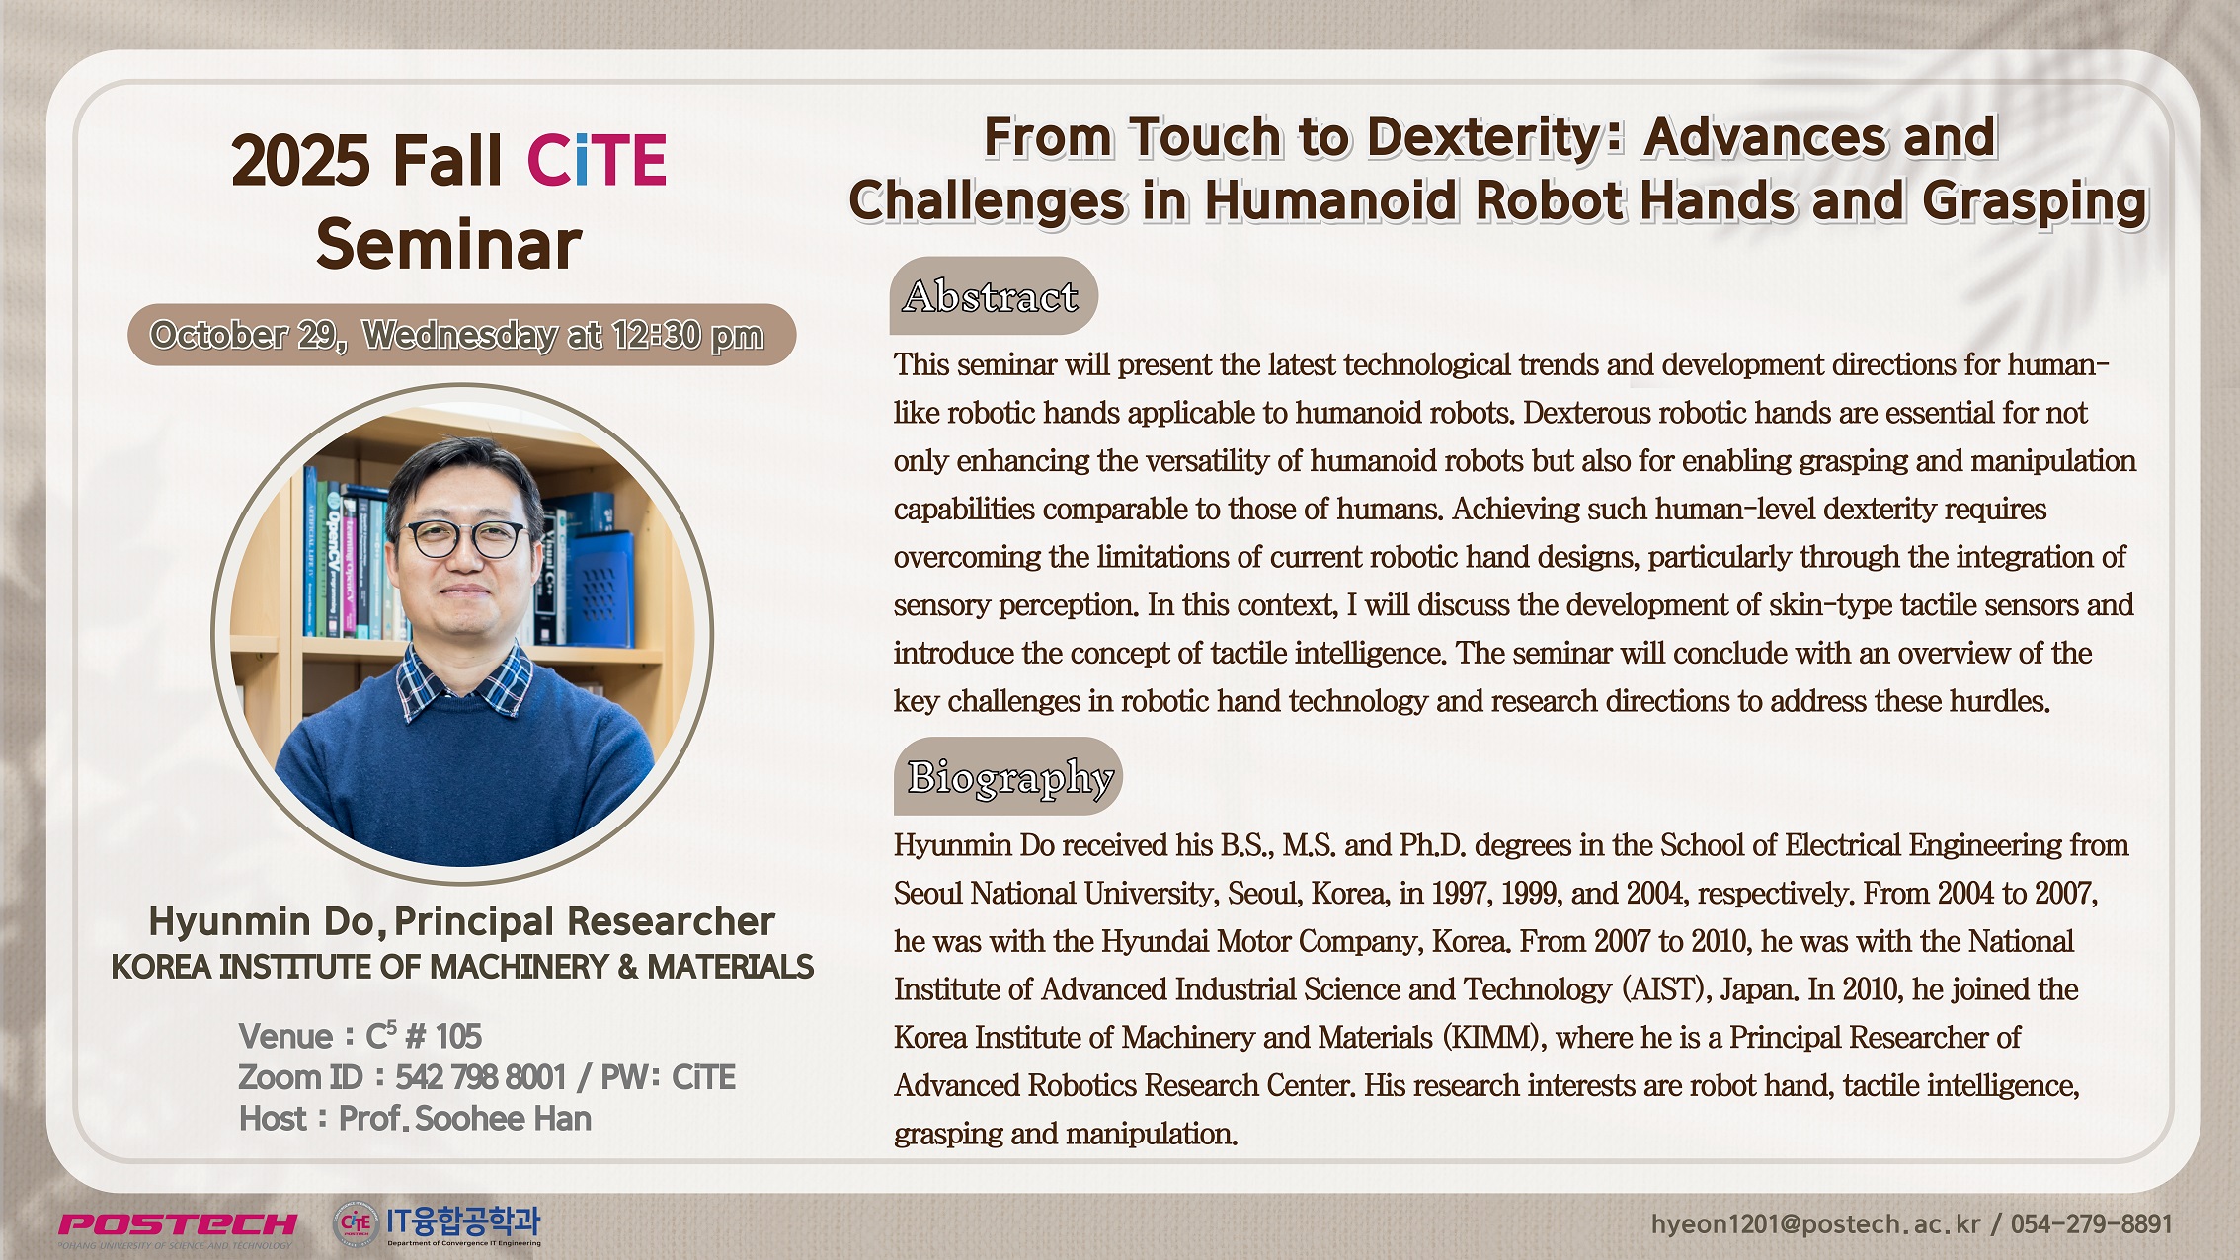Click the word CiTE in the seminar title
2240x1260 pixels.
[597, 160]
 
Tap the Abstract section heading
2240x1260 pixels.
[991, 296]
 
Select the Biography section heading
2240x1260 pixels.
[1010, 777]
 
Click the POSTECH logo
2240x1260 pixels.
[178, 1225]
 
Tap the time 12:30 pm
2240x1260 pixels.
[687, 336]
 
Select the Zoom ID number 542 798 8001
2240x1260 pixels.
[481, 1077]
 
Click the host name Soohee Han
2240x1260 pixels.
[503, 1119]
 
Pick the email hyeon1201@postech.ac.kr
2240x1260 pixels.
[1815, 1224]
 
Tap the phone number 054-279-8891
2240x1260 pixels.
[2092, 1224]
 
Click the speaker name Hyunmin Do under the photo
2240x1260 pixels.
[261, 921]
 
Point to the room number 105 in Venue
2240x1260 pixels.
[458, 1036]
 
